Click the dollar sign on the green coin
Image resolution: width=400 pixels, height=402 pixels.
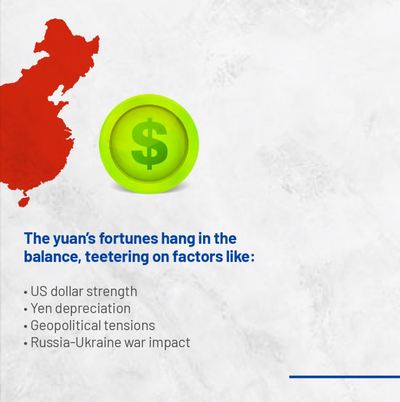coord(149,144)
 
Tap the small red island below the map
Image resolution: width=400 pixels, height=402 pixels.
coord(24,201)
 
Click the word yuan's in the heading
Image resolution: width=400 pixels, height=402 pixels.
coord(74,239)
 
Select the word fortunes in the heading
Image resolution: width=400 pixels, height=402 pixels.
coord(129,238)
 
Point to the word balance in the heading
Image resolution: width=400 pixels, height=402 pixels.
coord(53,256)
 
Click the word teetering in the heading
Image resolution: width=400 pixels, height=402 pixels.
coord(117,257)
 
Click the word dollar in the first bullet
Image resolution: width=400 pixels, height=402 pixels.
coord(67,292)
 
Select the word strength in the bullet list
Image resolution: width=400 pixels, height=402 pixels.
coord(112,292)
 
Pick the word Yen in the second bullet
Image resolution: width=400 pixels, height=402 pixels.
coord(41,309)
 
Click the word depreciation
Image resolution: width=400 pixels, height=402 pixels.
coord(93,309)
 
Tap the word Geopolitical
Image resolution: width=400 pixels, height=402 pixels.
coord(66,326)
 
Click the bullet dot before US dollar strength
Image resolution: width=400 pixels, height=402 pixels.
coord(26,293)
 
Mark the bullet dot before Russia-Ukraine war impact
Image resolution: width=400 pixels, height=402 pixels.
coord(26,344)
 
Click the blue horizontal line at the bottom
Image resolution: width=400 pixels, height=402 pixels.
coord(345,377)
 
